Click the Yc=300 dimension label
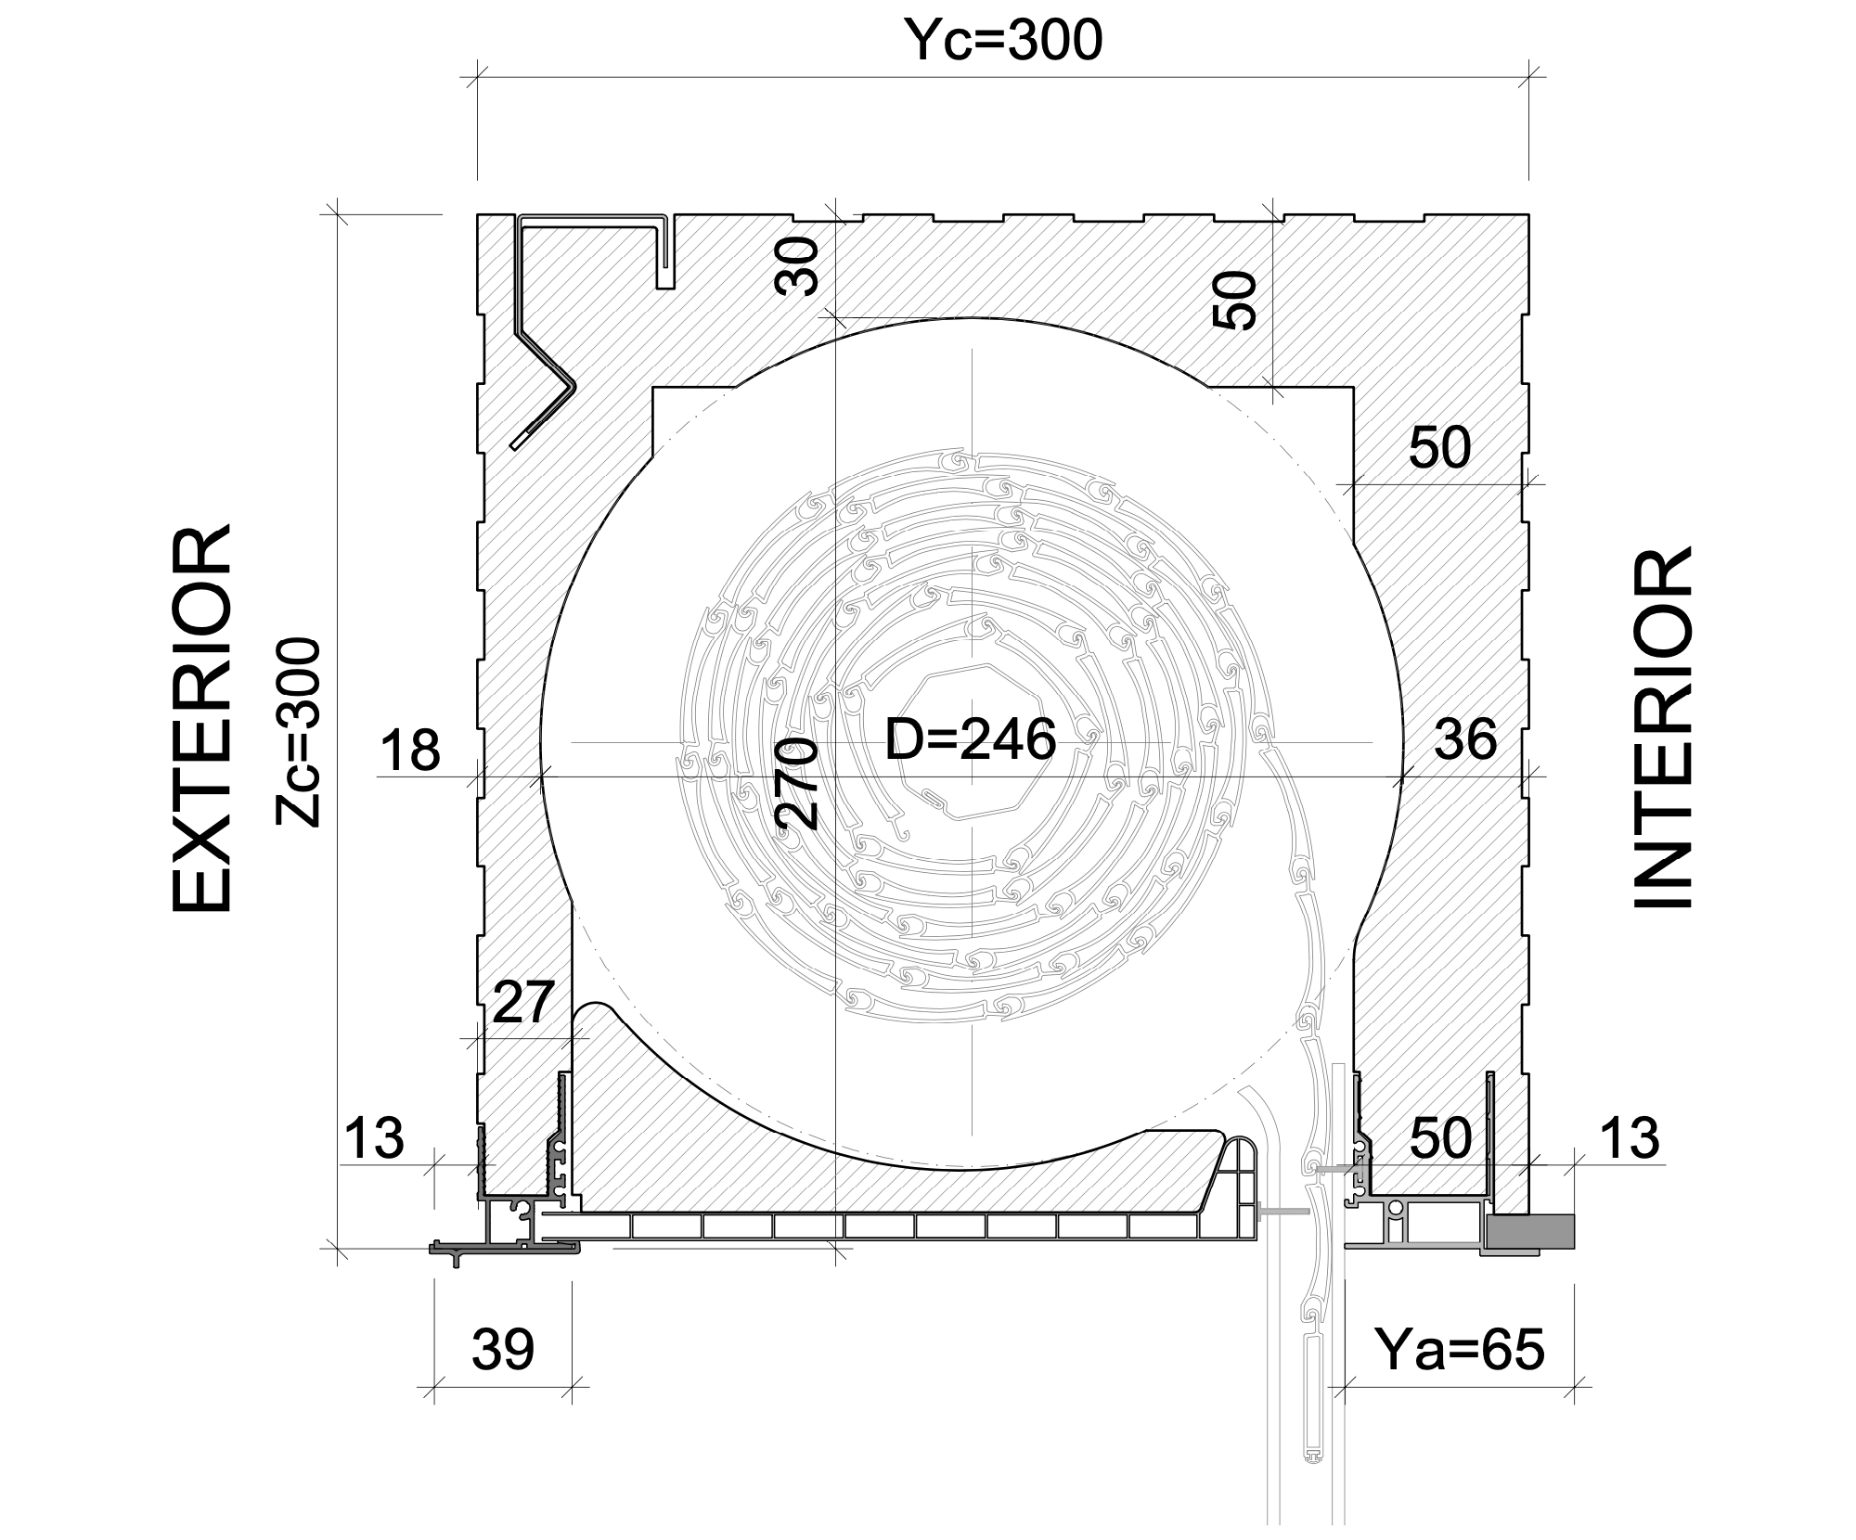1003,41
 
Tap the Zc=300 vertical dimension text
299,731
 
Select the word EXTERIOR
201,719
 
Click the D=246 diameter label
971,739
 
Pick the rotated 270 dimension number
796,784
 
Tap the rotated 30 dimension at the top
798,266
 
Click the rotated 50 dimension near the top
1236,301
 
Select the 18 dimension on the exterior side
410,751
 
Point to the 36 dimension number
1466,739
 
